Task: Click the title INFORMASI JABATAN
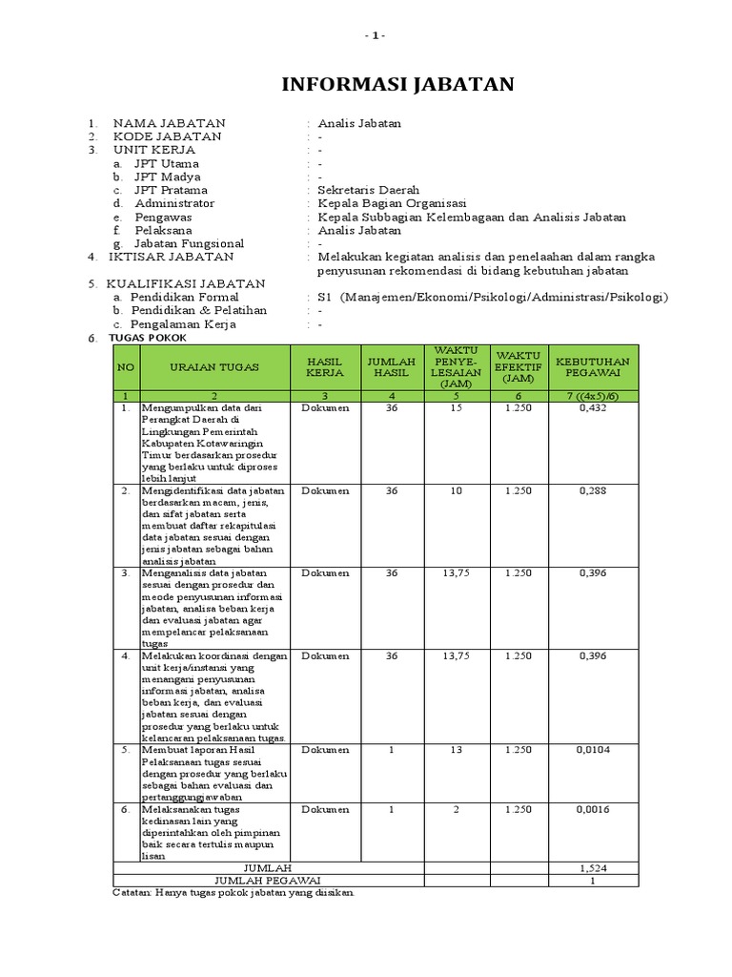[397, 84]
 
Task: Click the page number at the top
[376, 35]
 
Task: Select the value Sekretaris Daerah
[368, 190]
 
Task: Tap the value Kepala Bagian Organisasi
[392, 203]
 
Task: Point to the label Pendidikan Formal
[186, 297]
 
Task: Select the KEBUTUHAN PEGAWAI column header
[593, 366]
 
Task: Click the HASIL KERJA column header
[325, 366]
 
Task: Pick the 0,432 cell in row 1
[593, 407]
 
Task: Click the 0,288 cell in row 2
[593, 490]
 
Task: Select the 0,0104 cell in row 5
[593, 750]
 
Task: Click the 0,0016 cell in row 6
[593, 809]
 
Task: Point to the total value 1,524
[593, 867]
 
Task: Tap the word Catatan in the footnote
[133, 893]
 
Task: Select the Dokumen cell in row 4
[325, 655]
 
